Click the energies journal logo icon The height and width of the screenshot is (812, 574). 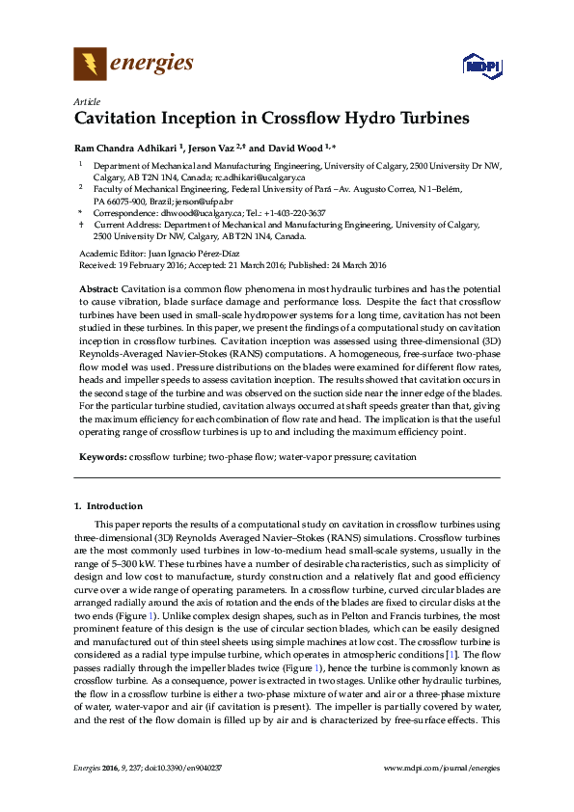point(90,65)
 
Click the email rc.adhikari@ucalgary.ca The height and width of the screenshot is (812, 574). point(260,177)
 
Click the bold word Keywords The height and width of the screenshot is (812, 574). point(101,456)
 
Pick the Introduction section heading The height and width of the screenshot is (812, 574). point(114,506)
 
